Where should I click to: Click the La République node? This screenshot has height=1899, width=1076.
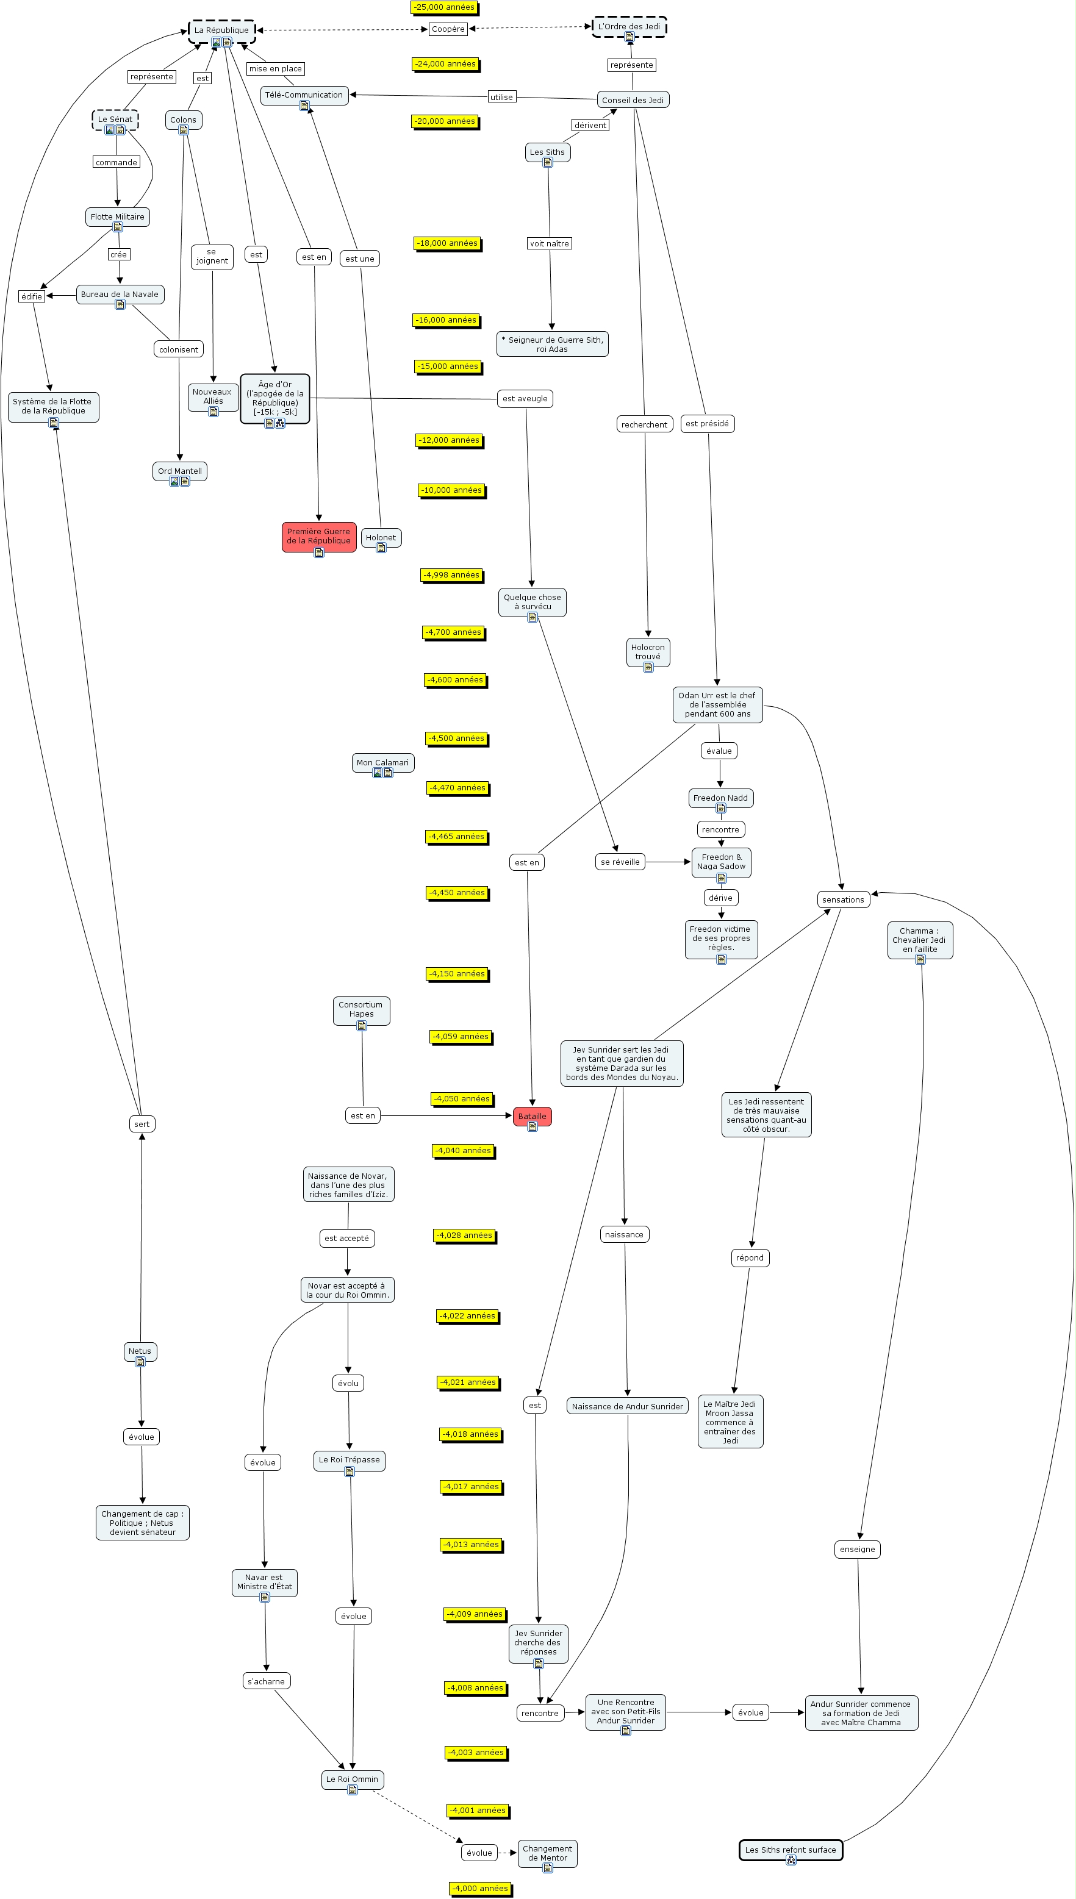point(221,31)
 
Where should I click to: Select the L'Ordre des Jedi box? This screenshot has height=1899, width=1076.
point(629,27)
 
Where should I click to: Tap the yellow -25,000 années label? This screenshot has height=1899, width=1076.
point(444,7)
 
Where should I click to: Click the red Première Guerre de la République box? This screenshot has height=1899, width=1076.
point(318,536)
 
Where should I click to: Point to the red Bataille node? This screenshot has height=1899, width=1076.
point(532,1116)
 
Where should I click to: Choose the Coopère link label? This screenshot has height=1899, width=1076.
point(448,29)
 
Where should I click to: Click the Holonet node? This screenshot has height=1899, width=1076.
point(381,538)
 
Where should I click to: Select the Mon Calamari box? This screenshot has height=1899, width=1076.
point(382,762)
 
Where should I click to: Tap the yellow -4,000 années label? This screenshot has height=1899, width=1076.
point(481,1888)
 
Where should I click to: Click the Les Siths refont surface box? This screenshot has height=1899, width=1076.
point(790,1850)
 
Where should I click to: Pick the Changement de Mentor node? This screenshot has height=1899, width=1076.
point(547,1853)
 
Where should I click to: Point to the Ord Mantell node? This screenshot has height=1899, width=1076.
point(179,471)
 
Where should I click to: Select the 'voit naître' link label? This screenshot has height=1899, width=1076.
point(549,244)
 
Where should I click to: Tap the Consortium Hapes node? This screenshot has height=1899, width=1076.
point(360,1009)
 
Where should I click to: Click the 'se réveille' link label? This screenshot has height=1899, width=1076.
point(620,862)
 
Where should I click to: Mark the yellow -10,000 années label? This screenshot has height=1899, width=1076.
point(451,490)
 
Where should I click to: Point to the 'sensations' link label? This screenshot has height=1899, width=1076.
point(842,899)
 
